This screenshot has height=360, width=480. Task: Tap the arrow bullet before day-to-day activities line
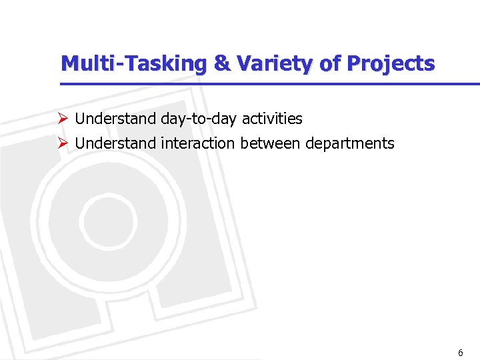point(63,119)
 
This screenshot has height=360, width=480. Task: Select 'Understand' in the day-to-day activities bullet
point(116,119)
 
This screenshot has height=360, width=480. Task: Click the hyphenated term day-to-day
point(199,119)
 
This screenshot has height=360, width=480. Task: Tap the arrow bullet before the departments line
point(63,143)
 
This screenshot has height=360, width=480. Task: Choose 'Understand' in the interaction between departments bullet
point(116,143)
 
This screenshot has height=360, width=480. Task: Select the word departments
point(350,143)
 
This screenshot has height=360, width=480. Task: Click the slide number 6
point(460,353)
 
